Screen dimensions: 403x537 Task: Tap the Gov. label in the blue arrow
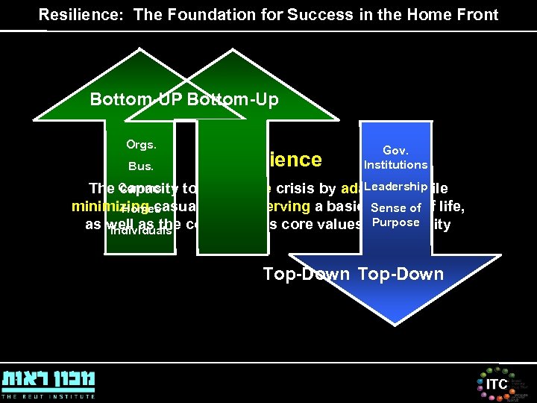click(x=395, y=150)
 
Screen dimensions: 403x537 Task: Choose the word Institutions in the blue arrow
click(x=395, y=164)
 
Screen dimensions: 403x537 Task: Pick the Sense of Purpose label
click(x=395, y=215)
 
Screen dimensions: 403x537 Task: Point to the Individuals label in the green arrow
click(x=140, y=230)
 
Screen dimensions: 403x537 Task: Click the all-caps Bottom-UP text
click(x=136, y=99)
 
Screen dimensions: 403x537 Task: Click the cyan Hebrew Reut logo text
click(x=48, y=379)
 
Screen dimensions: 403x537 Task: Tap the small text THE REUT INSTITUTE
click(x=48, y=396)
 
